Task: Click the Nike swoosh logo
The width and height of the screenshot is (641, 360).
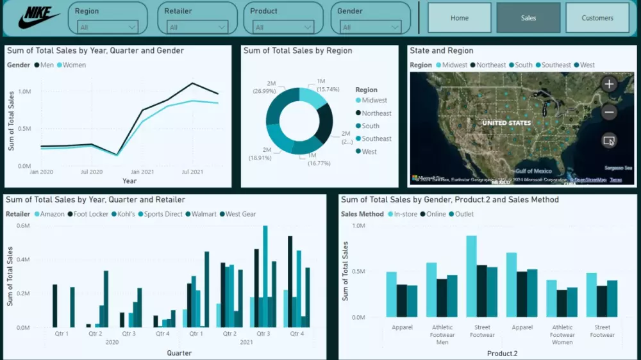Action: (x=38, y=18)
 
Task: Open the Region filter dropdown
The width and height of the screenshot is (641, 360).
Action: (x=107, y=27)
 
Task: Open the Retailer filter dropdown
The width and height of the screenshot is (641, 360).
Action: (x=197, y=27)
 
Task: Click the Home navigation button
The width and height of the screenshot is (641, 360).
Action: (x=460, y=18)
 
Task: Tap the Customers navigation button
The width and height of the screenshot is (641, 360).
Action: (x=597, y=18)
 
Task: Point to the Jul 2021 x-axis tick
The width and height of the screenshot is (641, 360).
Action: (x=192, y=172)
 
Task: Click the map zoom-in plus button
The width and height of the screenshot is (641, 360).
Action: (x=609, y=84)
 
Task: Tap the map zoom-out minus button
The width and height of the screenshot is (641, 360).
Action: (x=609, y=112)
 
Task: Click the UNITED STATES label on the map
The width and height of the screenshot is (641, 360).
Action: (x=506, y=122)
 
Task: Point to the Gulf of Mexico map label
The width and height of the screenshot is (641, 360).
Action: (x=533, y=171)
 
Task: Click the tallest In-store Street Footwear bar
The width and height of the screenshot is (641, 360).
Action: (x=472, y=276)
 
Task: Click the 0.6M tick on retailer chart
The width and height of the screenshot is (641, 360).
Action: (x=22, y=225)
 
